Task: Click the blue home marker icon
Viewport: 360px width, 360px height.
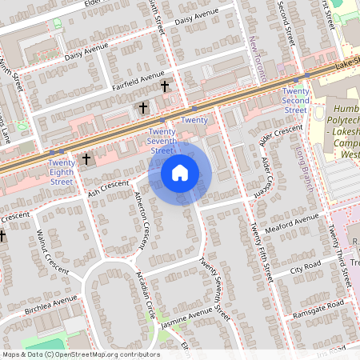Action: (180, 172)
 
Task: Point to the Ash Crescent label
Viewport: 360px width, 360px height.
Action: (108, 188)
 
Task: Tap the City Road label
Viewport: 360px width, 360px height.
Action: (306, 267)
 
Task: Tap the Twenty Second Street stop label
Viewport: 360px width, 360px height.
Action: (295, 100)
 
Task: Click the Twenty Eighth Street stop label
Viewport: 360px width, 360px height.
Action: (62, 172)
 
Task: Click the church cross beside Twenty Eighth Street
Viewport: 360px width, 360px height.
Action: (86, 159)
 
